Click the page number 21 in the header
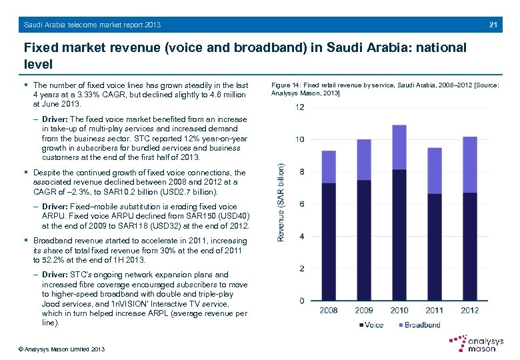[493, 25]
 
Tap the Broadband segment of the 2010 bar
[399, 147]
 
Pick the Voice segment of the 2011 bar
[434, 247]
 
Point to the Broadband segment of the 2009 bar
[364, 159]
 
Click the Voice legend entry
[371, 325]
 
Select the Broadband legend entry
[419, 325]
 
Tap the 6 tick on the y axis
[302, 204]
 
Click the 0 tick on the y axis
[302, 301]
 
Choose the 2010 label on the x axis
[399, 310]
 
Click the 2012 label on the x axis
[469, 310]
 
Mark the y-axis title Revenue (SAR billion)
[281, 203]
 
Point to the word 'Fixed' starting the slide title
[39, 49]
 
